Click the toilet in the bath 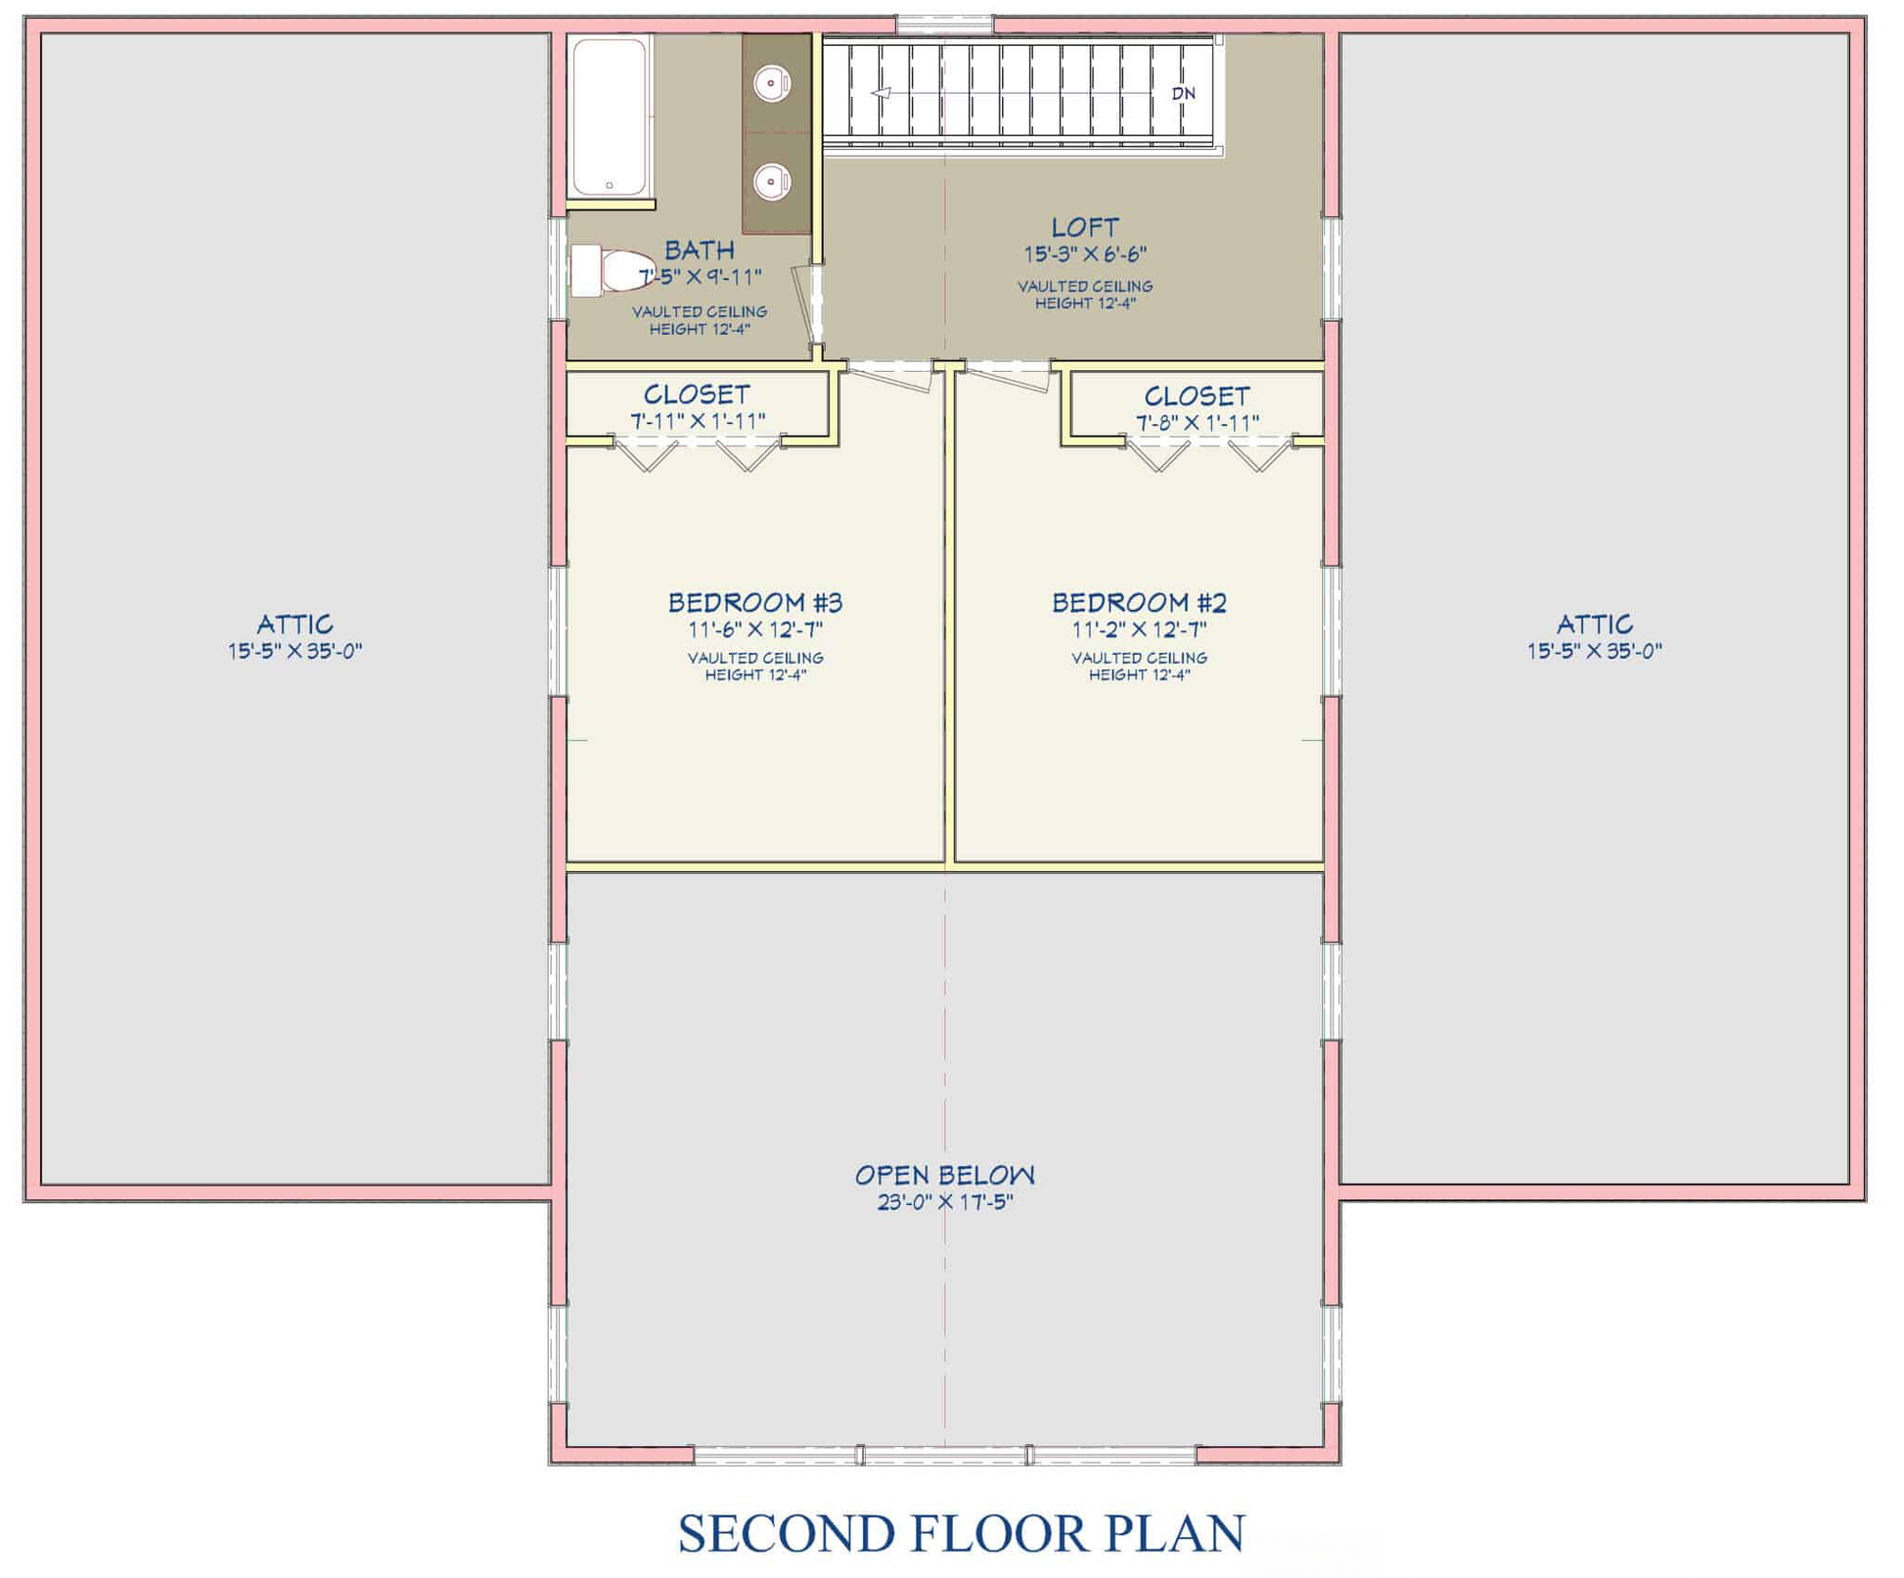pyautogui.click(x=612, y=270)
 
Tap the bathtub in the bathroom pyautogui.click(x=610, y=117)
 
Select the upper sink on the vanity pyautogui.click(x=772, y=83)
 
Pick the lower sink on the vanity pyautogui.click(x=772, y=181)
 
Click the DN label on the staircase pyautogui.click(x=1184, y=94)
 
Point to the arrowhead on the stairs pyautogui.click(x=881, y=93)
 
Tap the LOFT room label pyautogui.click(x=1085, y=228)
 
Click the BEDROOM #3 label pyautogui.click(x=755, y=602)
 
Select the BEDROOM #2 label pyautogui.click(x=1139, y=602)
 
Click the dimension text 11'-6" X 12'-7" pyautogui.click(x=755, y=629)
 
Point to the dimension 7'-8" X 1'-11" pyautogui.click(x=1198, y=423)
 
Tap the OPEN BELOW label pyautogui.click(x=945, y=1175)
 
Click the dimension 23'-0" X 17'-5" pyautogui.click(x=945, y=1202)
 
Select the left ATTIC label pyautogui.click(x=295, y=624)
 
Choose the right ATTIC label pyautogui.click(x=1595, y=624)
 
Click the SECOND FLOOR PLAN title pyautogui.click(x=962, y=1533)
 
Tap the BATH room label pyautogui.click(x=700, y=251)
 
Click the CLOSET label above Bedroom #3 pyautogui.click(x=697, y=394)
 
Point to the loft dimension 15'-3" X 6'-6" pyautogui.click(x=1085, y=255)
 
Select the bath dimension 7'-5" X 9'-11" pyautogui.click(x=701, y=277)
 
